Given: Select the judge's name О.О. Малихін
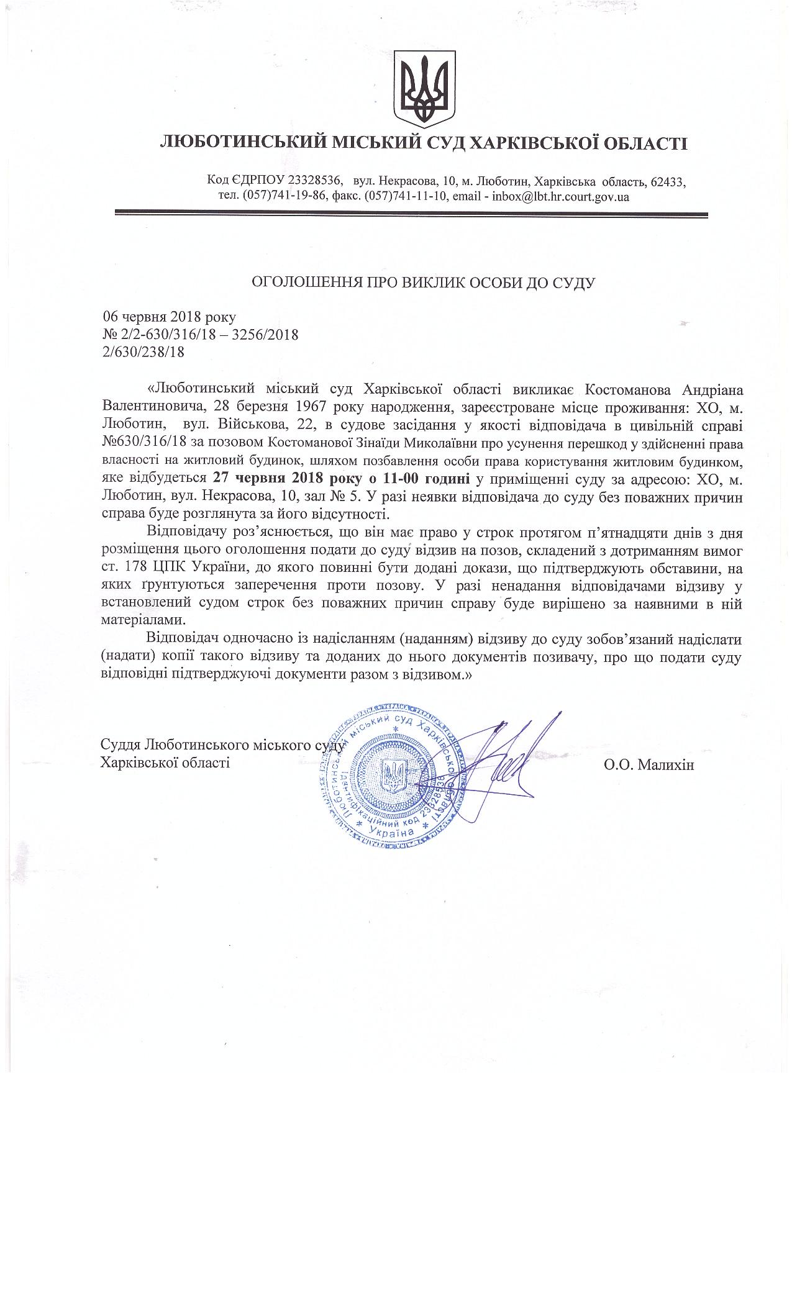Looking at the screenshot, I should [x=649, y=764].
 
